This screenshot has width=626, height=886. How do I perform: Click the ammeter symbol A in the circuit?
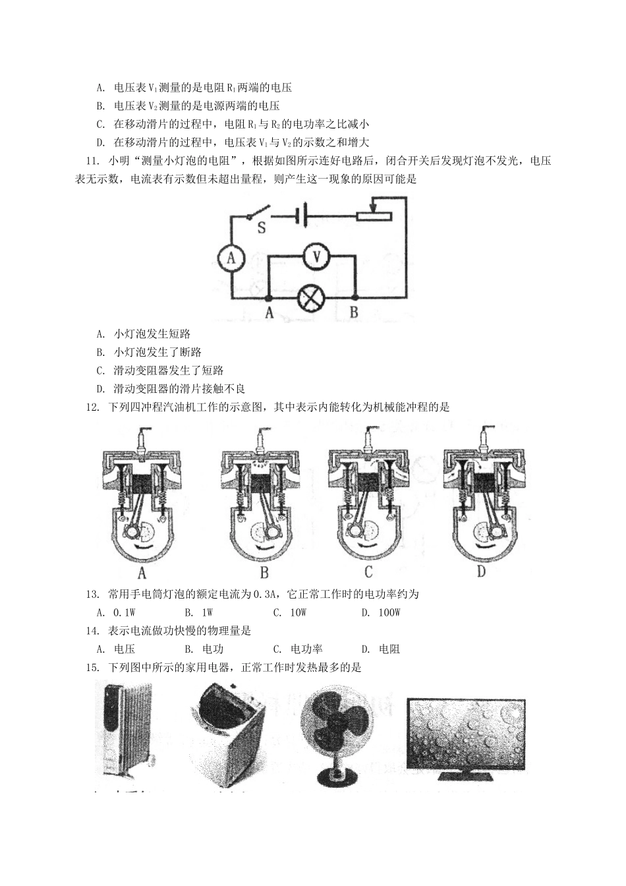click(231, 259)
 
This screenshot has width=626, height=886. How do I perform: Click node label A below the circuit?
click(269, 314)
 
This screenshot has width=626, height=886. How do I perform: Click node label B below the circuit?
click(354, 314)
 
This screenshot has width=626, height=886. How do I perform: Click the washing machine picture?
click(229, 732)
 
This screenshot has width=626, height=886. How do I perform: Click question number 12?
click(92, 407)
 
